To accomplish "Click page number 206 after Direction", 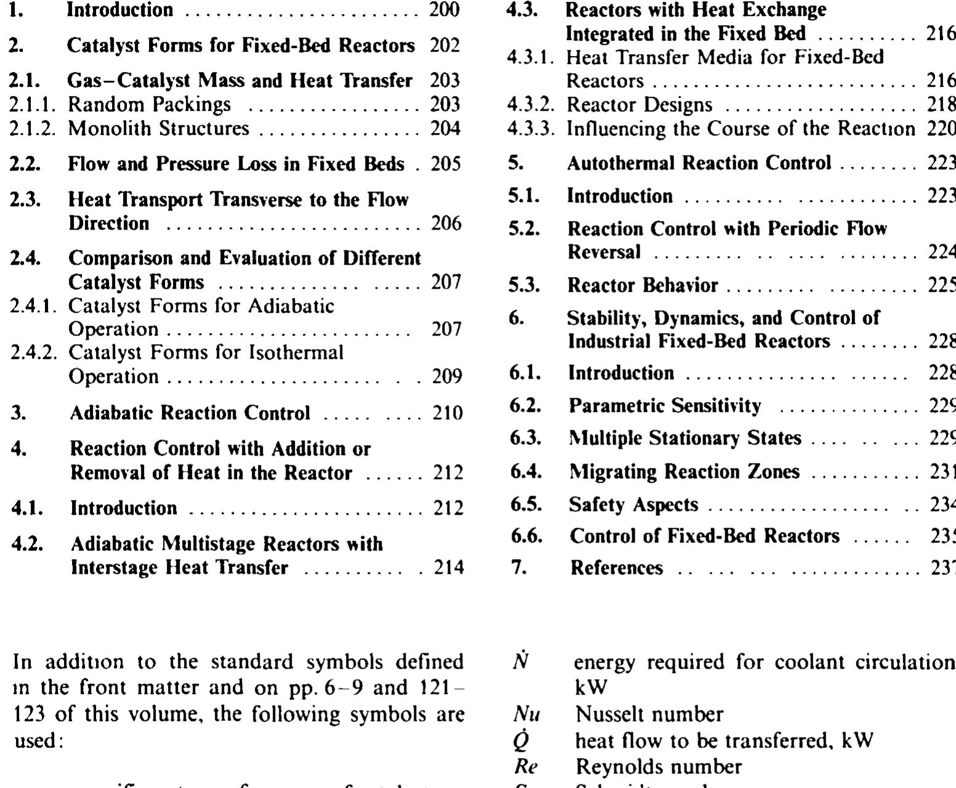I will pyautogui.click(x=446, y=223).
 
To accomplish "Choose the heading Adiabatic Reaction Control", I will pyautogui.click(x=190, y=412).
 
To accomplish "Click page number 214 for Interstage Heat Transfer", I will pyautogui.click(x=449, y=568).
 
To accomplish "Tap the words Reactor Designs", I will pyautogui.click(x=639, y=105).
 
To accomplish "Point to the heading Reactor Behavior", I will pyautogui.click(x=642, y=286).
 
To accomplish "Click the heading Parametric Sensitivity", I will pyautogui.click(x=664, y=406).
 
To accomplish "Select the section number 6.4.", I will pyautogui.click(x=526, y=472).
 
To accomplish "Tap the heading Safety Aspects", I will pyautogui.click(x=633, y=505).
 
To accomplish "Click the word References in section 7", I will pyautogui.click(x=617, y=568).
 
